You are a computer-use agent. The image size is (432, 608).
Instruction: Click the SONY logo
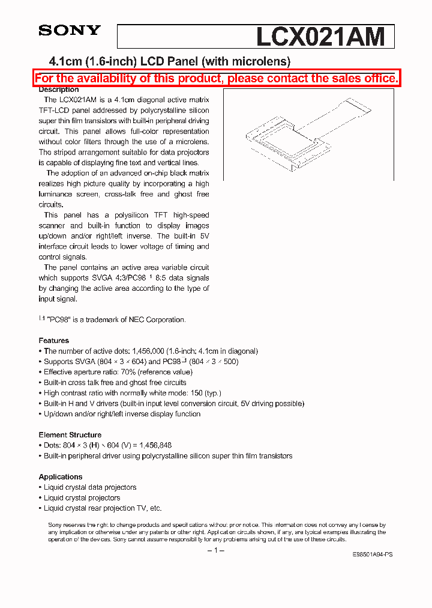pos(70,30)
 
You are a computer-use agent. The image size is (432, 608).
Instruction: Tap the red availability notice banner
pos(216,78)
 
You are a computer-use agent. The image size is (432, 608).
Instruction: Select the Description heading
pos(59,90)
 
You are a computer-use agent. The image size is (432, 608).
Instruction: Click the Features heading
pos(53,341)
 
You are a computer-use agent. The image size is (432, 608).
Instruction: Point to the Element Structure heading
pos(70,435)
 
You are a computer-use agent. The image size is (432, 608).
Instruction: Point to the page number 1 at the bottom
pos(216,550)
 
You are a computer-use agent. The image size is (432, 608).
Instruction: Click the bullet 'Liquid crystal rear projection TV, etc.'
pos(103,508)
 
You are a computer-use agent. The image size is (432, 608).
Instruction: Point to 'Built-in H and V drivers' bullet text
pos(81,404)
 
